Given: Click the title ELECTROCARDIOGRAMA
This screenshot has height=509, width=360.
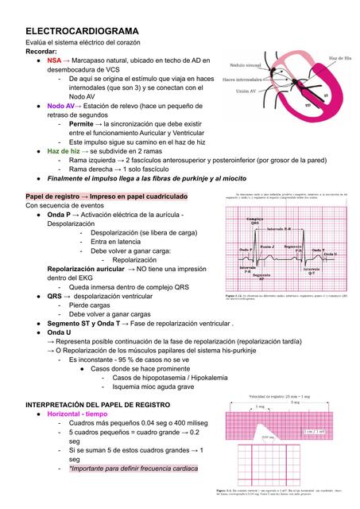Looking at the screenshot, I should pos(82,30).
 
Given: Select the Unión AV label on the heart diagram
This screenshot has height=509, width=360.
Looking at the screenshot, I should pos(238,94).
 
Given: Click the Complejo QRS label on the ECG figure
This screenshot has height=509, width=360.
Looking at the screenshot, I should pos(255,221).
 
